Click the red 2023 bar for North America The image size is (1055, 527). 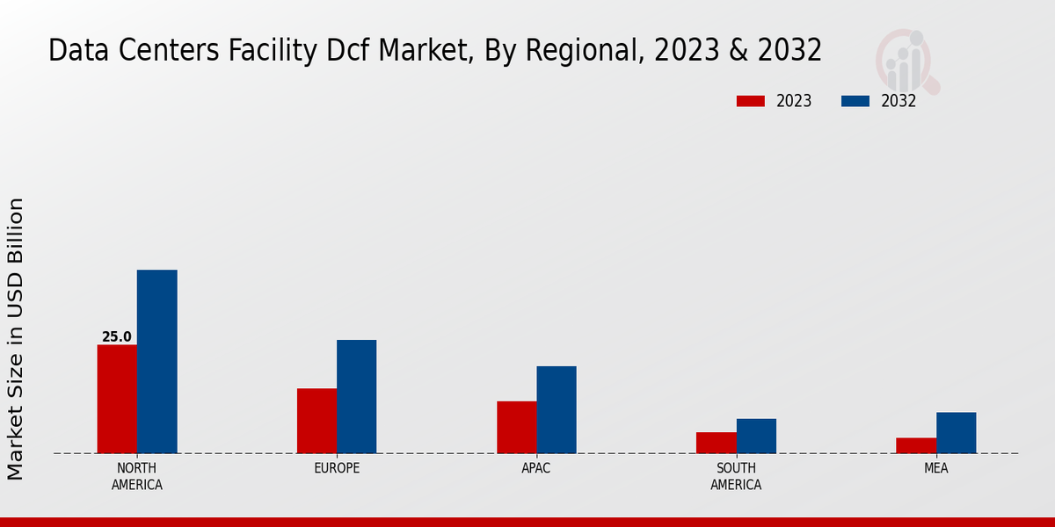click(x=117, y=399)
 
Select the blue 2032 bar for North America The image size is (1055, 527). click(x=156, y=361)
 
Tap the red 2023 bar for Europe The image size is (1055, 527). click(x=316, y=421)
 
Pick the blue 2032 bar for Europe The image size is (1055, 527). click(x=356, y=396)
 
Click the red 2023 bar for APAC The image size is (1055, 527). click(x=516, y=427)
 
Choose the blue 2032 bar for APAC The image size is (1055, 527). click(x=557, y=409)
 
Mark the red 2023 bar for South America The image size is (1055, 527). click(x=716, y=443)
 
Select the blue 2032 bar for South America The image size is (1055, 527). click(x=756, y=436)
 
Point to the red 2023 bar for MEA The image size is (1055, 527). click(x=915, y=445)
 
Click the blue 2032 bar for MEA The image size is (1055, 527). click(x=956, y=432)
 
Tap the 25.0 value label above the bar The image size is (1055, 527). click(x=117, y=337)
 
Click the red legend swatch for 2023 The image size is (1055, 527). click(x=750, y=101)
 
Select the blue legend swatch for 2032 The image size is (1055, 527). click(x=855, y=101)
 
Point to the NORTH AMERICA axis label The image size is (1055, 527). click(x=137, y=476)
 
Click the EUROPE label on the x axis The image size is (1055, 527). click(x=337, y=468)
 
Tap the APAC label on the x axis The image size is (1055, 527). click(x=536, y=468)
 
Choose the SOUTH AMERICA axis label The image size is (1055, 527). click(x=736, y=476)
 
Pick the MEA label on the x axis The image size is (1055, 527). click(x=935, y=468)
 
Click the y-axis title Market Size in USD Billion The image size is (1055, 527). click(x=16, y=339)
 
